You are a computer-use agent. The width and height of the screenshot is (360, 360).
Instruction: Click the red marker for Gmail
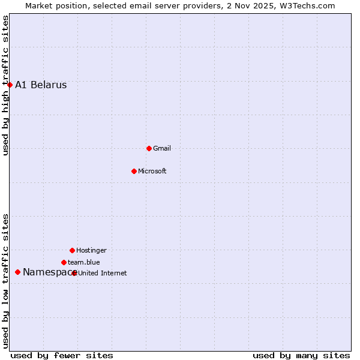tap(149, 148)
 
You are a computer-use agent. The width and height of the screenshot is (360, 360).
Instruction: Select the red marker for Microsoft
tap(134, 171)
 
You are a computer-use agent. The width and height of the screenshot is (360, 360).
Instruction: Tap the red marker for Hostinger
tap(72, 250)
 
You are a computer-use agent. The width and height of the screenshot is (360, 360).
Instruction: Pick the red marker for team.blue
tap(64, 262)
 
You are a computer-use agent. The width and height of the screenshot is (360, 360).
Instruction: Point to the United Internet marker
tap(74, 273)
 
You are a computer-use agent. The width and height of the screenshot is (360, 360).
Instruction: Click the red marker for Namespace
tap(17, 272)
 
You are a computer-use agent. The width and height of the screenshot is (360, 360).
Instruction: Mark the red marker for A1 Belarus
tap(10, 85)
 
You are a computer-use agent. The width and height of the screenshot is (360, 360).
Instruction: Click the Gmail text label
tap(162, 148)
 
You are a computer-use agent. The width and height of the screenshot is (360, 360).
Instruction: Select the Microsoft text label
tap(152, 171)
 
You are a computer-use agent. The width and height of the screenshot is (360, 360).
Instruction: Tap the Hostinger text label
tap(91, 250)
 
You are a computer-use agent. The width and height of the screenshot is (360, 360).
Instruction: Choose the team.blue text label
tap(83, 262)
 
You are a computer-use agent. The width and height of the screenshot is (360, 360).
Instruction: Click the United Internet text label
tap(103, 273)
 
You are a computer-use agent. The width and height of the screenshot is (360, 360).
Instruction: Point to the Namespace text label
tap(47, 272)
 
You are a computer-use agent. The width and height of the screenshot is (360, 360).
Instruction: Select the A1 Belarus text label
tap(41, 85)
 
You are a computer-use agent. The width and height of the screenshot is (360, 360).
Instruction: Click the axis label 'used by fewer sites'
tap(62, 355)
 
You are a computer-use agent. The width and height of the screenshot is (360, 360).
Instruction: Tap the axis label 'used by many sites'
tap(301, 355)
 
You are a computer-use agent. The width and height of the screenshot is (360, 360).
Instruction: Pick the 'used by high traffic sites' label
tap(6, 85)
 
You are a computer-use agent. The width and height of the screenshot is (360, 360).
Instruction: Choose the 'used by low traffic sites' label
tap(6, 280)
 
